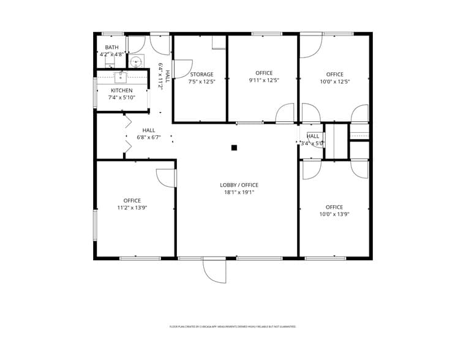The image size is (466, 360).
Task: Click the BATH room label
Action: (112, 47)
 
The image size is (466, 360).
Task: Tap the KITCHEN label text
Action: (121, 91)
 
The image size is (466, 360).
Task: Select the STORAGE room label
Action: (201, 75)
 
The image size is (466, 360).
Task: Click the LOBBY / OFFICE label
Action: (239, 185)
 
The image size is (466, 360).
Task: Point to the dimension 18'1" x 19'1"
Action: (239, 192)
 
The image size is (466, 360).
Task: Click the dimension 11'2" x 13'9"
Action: (132, 208)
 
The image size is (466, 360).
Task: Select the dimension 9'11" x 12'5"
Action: (264, 80)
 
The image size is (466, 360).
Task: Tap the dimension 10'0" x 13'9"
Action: (334, 214)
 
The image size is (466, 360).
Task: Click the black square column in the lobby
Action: (234, 148)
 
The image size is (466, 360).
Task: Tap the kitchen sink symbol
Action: (120, 77)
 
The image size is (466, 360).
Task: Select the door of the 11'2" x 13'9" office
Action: (165, 178)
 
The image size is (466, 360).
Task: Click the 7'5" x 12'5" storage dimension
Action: (201, 81)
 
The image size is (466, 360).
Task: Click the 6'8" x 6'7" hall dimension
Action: (149, 137)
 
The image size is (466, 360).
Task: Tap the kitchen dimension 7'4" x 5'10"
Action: (121, 97)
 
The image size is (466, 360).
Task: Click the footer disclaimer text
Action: (233, 326)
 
